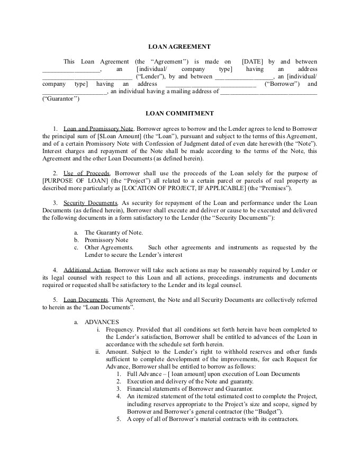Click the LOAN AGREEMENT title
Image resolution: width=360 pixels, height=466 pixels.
(179, 47)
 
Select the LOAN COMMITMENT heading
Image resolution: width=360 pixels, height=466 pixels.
(179, 113)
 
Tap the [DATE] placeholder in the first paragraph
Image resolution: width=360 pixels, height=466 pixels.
(252, 61)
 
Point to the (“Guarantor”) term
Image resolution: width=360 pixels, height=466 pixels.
(61, 98)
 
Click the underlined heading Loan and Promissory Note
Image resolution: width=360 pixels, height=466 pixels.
(98, 129)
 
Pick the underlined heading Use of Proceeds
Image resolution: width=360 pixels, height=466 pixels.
(86, 173)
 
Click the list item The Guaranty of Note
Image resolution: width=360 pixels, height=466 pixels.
(114, 232)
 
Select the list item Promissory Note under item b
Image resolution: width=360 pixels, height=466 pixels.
(106, 239)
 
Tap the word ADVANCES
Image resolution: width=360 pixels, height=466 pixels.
(102, 321)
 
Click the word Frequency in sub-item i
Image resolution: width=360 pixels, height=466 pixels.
(119, 329)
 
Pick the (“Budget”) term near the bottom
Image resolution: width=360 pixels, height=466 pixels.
(268, 411)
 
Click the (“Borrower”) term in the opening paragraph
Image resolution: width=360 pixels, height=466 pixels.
(282, 84)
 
